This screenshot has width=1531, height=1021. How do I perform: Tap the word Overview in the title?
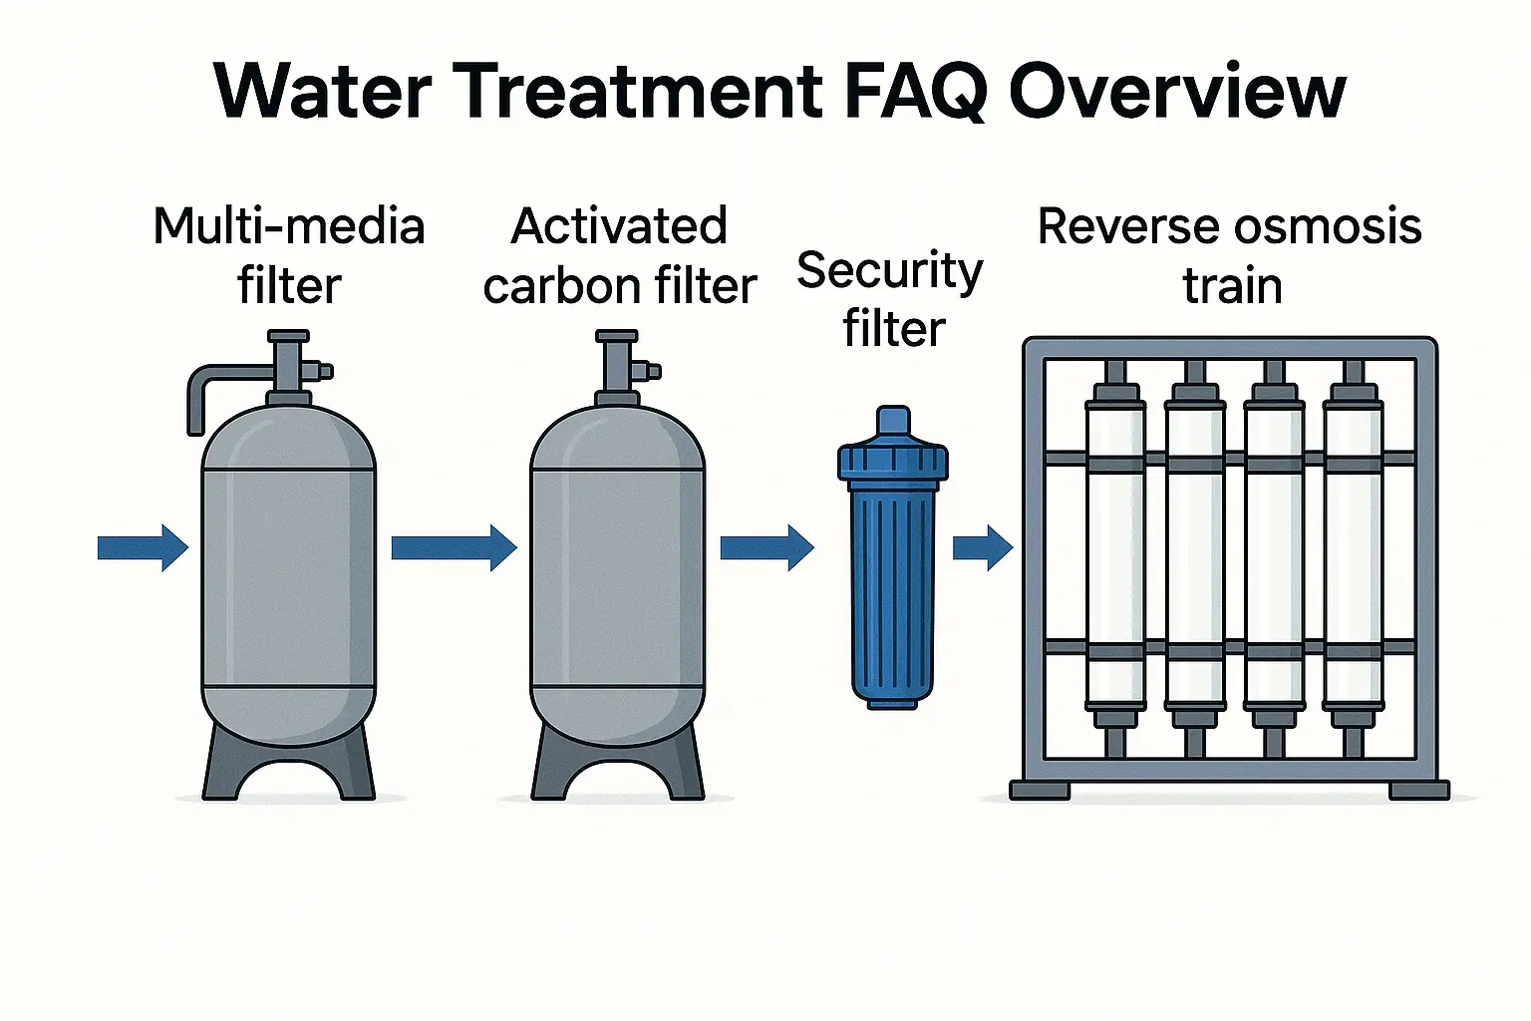1177,92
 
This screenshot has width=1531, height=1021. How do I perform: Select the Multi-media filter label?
289,255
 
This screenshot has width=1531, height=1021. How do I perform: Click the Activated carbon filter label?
620,255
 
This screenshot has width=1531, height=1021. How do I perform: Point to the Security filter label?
891,299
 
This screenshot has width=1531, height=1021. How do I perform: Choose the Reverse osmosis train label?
1230,255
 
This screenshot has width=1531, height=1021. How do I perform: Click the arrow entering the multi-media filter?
143,547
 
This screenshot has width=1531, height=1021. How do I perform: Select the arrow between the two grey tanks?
454,547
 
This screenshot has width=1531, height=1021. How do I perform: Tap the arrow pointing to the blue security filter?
766,547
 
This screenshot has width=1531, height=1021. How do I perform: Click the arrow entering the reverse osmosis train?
983,547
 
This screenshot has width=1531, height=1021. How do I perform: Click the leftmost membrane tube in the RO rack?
1115,548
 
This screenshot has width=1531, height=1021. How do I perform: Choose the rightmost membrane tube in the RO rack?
1353,548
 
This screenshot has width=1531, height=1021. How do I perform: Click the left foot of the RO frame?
1040,791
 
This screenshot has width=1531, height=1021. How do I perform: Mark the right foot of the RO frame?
1419,791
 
